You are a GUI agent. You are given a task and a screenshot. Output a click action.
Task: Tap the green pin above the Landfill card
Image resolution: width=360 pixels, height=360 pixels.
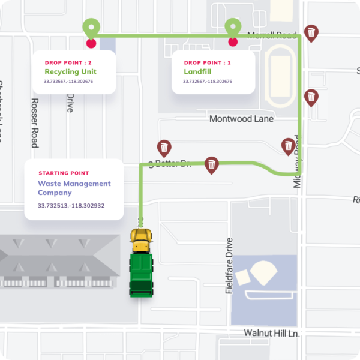233,28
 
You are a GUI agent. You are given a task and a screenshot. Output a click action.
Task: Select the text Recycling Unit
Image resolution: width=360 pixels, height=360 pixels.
71,71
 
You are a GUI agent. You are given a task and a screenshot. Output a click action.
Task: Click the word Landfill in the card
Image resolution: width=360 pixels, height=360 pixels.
198,71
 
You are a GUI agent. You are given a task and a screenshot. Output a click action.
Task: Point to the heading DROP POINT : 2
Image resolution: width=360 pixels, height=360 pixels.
68,62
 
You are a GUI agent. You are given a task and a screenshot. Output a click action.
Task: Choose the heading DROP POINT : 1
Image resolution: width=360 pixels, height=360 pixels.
208,62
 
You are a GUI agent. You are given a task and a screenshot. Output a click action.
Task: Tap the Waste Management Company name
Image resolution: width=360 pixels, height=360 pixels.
74,188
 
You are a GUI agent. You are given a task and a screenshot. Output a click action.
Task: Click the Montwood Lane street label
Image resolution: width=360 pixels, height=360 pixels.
241,119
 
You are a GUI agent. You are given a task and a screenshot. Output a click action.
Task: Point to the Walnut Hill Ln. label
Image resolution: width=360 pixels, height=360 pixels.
272,333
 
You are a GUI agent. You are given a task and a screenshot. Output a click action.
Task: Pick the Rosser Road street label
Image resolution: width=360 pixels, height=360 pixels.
35,122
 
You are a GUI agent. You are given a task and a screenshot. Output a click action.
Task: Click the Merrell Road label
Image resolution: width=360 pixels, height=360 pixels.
272,35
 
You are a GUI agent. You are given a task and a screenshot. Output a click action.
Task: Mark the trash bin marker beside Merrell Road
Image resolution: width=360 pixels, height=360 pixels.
311,33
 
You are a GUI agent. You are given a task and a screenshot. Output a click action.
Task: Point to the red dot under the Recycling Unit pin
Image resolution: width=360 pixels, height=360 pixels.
91,43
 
